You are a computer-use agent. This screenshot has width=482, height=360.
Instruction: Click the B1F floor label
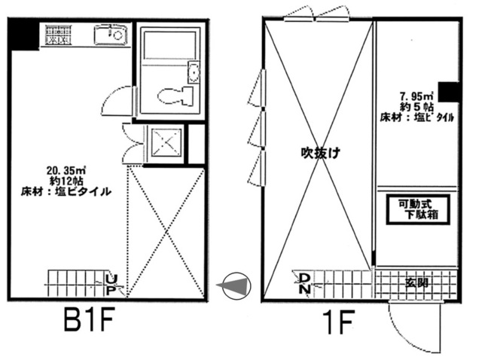tap(89, 319)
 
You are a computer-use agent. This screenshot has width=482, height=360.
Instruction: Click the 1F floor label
tap(338, 322)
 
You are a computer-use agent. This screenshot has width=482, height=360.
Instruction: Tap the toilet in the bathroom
tap(175, 96)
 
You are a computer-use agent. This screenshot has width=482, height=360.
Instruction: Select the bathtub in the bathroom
tap(169, 44)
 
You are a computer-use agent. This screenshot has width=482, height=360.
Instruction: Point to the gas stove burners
tap(57, 35)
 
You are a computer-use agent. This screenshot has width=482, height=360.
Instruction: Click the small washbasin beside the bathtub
tap(194, 72)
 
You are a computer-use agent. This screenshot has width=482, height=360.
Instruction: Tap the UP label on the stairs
tap(111, 285)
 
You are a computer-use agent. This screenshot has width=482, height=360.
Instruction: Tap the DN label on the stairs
tap(304, 283)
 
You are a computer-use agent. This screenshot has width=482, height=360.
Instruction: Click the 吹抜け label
tap(320, 153)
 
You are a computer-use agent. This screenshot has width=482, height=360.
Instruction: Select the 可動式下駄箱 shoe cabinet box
tap(418, 209)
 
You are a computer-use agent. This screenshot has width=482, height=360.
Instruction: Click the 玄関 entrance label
tap(416, 282)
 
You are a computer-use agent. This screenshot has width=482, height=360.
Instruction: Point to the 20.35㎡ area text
tap(66, 170)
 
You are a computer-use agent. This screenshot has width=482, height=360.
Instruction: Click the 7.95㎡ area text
tap(416, 96)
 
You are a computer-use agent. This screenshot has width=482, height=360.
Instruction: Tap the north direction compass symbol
tap(236, 286)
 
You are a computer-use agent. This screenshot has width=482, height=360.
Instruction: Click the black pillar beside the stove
tap(24, 35)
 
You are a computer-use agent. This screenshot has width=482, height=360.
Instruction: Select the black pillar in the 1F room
tap(449, 92)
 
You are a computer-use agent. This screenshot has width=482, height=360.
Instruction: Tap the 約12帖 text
tap(66, 181)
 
